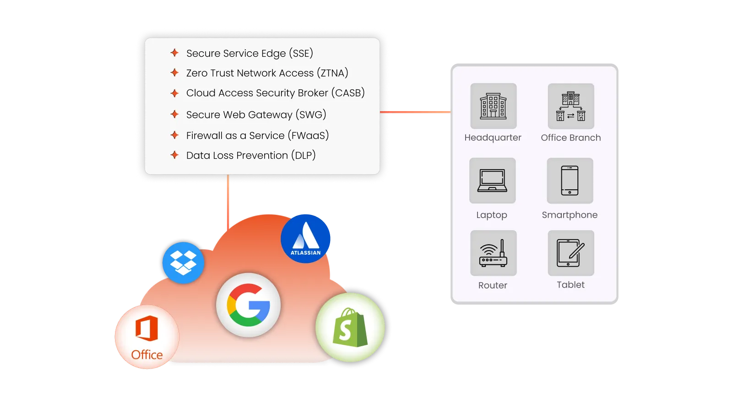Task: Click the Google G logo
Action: (248, 305)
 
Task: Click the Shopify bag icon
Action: (350, 328)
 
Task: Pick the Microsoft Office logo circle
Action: (147, 337)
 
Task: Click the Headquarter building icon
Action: (493, 106)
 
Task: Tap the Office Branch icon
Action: (570, 106)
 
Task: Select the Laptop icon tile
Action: (492, 181)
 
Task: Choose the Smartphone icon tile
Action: (570, 181)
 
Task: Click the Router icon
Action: (493, 253)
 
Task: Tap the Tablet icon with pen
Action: (570, 253)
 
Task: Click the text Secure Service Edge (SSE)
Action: (250, 54)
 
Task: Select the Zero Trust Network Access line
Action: (267, 73)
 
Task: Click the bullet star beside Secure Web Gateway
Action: (174, 114)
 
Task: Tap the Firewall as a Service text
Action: (257, 135)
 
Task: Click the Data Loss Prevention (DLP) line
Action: (251, 155)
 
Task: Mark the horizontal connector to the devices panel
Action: (415, 112)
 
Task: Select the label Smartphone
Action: (570, 215)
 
